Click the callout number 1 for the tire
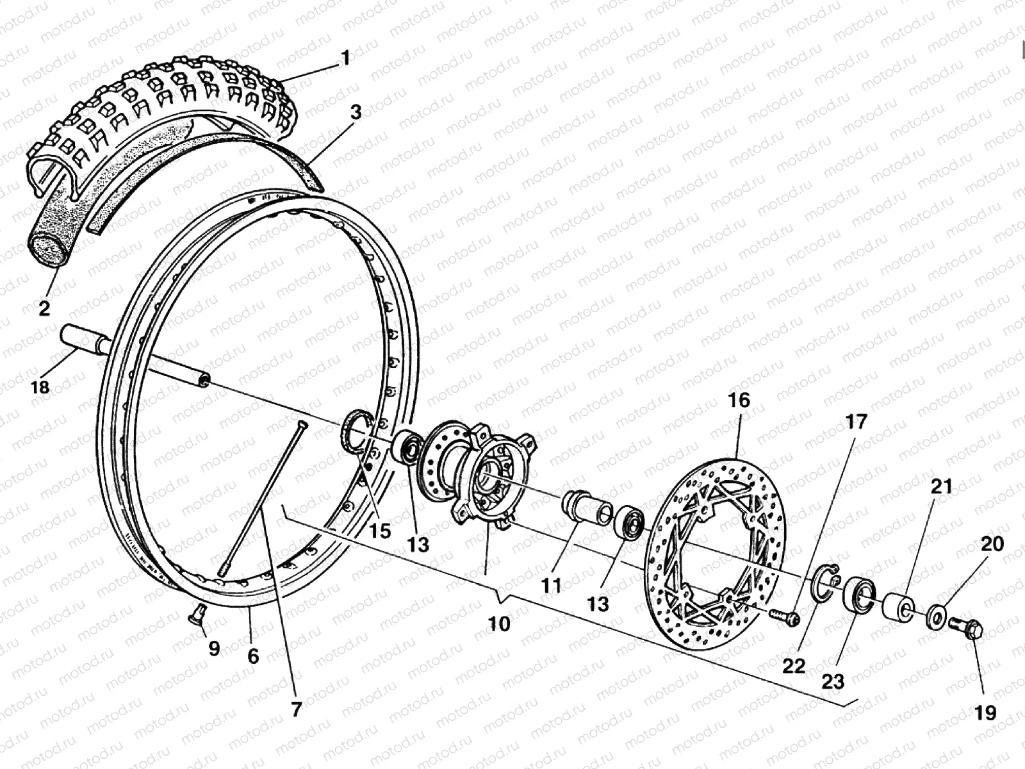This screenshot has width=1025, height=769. [x=345, y=58]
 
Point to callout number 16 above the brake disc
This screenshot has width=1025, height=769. [x=738, y=401]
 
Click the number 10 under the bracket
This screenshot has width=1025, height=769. [x=499, y=624]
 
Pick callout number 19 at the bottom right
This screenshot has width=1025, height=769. [x=986, y=712]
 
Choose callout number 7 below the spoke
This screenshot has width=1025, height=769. [x=295, y=709]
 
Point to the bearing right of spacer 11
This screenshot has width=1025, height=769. [x=630, y=522]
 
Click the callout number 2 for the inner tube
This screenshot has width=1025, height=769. [x=44, y=308]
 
